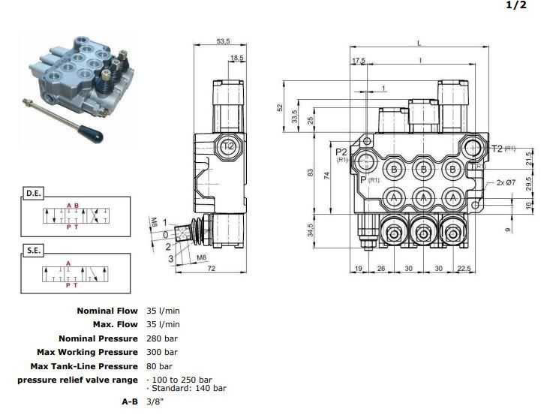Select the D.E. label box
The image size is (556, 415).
tap(34, 193)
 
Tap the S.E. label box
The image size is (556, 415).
tap(34, 251)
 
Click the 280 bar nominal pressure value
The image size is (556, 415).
tap(161, 338)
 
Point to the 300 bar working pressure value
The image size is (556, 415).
tap(161, 352)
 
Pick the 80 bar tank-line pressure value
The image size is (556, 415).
tap(159, 366)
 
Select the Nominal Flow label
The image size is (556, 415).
tap(107, 311)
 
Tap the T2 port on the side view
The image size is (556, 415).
tap(229, 146)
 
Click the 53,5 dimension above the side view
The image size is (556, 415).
tap(224, 42)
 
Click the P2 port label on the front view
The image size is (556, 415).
tap(341, 152)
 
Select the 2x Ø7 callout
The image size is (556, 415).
tap(505, 182)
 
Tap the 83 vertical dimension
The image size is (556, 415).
tap(310, 173)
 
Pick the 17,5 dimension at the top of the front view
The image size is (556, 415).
tap(358, 61)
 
